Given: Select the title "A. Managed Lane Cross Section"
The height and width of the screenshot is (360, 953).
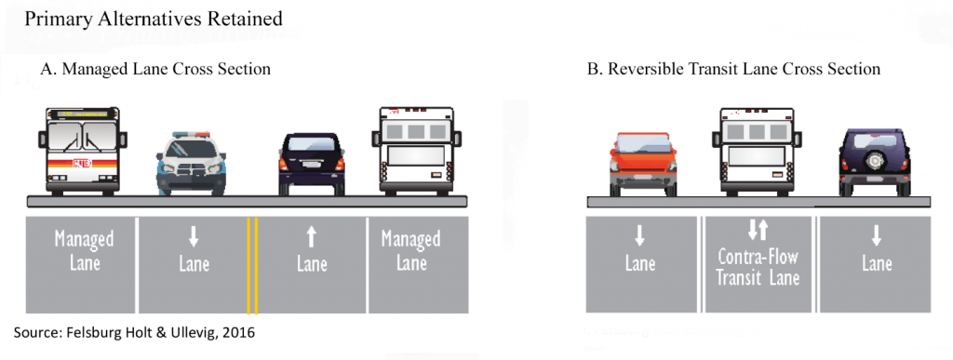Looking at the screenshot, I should click(x=155, y=69).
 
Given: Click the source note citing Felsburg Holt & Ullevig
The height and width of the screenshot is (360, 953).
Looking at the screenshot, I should click(x=133, y=332).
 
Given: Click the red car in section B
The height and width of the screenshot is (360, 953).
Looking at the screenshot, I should click(x=640, y=163).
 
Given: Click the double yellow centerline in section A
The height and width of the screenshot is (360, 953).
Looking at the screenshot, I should click(x=252, y=265).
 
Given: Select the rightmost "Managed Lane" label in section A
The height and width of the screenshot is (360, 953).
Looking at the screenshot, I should click(x=410, y=251).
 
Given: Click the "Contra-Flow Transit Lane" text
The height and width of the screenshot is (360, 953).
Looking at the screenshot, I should click(x=758, y=267).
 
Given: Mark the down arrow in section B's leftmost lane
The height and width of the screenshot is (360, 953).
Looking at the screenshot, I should click(x=640, y=236).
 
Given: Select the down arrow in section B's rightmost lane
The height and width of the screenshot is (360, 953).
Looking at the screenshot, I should click(x=876, y=236).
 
